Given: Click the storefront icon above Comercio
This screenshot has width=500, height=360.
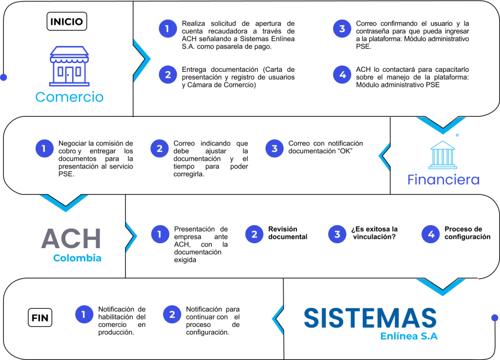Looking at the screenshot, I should [69, 66].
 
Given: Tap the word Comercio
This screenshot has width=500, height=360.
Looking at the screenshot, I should [70, 97].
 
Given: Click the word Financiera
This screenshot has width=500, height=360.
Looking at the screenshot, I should [443, 180].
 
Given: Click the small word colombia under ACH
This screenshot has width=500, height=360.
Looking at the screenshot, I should [76, 257].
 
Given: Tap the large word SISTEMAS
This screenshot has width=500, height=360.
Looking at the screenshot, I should [370, 318].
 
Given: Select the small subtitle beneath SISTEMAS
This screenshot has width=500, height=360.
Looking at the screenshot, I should [409, 336].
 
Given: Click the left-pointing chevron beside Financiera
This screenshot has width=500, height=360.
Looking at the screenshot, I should [384, 156].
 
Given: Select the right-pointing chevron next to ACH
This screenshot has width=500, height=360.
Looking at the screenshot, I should [131, 237].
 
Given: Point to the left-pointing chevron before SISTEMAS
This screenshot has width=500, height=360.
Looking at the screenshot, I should [277, 320].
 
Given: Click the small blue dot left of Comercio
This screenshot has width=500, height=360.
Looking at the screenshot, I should [3, 77].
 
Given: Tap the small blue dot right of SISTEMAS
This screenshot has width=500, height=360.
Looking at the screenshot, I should [495, 318].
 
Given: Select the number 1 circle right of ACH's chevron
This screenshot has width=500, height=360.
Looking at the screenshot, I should [159, 234].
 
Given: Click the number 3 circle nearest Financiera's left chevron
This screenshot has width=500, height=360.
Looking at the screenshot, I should [274, 148].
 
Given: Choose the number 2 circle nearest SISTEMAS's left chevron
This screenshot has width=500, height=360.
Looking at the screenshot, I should [171, 315].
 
